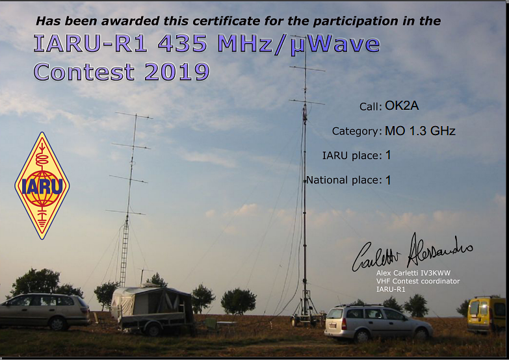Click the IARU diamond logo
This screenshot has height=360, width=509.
tap(42, 186)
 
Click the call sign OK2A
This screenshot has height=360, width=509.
tap(402, 105)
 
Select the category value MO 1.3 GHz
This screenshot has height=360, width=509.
tap(420, 131)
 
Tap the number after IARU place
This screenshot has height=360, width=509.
tap(388, 155)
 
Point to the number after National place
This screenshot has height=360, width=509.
tap(388, 180)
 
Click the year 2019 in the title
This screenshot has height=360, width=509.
tap(177, 71)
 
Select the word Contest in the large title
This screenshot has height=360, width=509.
tap(84, 71)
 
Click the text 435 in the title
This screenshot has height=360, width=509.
tap(183, 44)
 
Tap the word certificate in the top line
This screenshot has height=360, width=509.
tap(226, 21)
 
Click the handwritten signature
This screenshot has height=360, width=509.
tap(412, 253)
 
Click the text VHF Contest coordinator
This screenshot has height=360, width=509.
tap(418, 281)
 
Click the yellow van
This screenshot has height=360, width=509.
tap(486, 315)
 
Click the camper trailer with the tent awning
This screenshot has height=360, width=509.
tap(153, 309)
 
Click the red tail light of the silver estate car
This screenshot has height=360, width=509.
tap(344, 324)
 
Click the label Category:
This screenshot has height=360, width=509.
tap(357, 131)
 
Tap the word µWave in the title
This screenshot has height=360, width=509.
tap(335, 45)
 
